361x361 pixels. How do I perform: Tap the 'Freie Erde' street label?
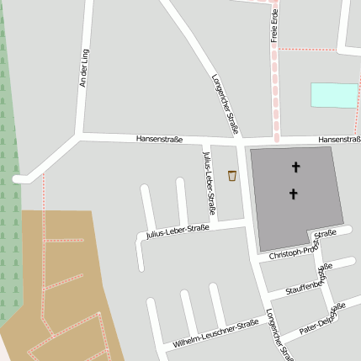274,26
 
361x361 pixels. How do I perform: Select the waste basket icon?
232,175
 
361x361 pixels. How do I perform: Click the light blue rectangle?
333,95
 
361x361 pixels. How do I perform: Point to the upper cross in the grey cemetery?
295,167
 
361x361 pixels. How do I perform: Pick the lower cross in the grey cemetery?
293,194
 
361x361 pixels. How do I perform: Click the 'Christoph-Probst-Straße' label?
302,244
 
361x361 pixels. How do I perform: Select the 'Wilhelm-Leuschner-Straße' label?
215,334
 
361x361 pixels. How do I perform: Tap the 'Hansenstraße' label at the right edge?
340,139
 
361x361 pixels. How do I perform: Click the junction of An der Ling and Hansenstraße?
80,135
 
